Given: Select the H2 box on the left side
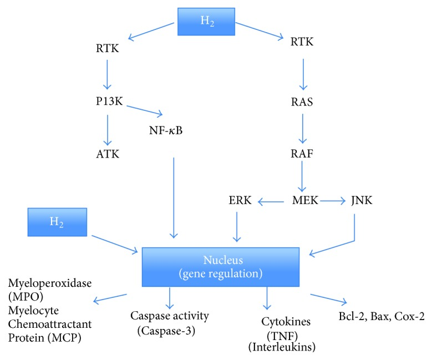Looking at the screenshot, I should pyautogui.click(x=57, y=221).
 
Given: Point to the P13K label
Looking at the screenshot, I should pyautogui.click(x=109, y=102).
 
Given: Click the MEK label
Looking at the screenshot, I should pyautogui.click(x=305, y=200).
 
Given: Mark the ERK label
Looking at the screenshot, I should pyautogui.click(x=240, y=200).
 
